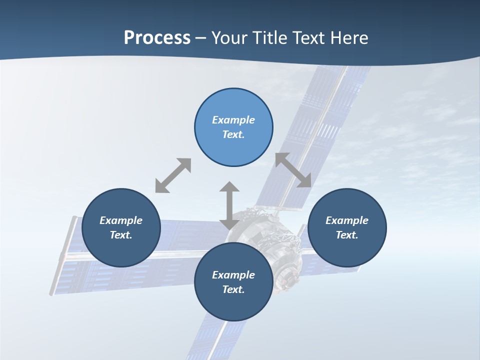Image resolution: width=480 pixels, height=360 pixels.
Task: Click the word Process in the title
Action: pos(157,37)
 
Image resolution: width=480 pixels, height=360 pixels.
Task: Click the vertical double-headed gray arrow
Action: pos(229,205)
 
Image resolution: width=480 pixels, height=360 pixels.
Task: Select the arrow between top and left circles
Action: pos(173,175)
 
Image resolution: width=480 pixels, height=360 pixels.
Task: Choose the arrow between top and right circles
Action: pos(293,170)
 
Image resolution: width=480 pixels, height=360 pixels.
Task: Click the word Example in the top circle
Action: pos(233,120)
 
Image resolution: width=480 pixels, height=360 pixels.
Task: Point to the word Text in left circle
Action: pos(121,235)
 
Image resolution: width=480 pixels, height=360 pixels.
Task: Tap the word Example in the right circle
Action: pos(347,220)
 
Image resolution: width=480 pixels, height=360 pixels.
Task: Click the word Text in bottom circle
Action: pos(233,289)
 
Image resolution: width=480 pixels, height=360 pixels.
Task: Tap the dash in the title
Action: pos(201,38)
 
